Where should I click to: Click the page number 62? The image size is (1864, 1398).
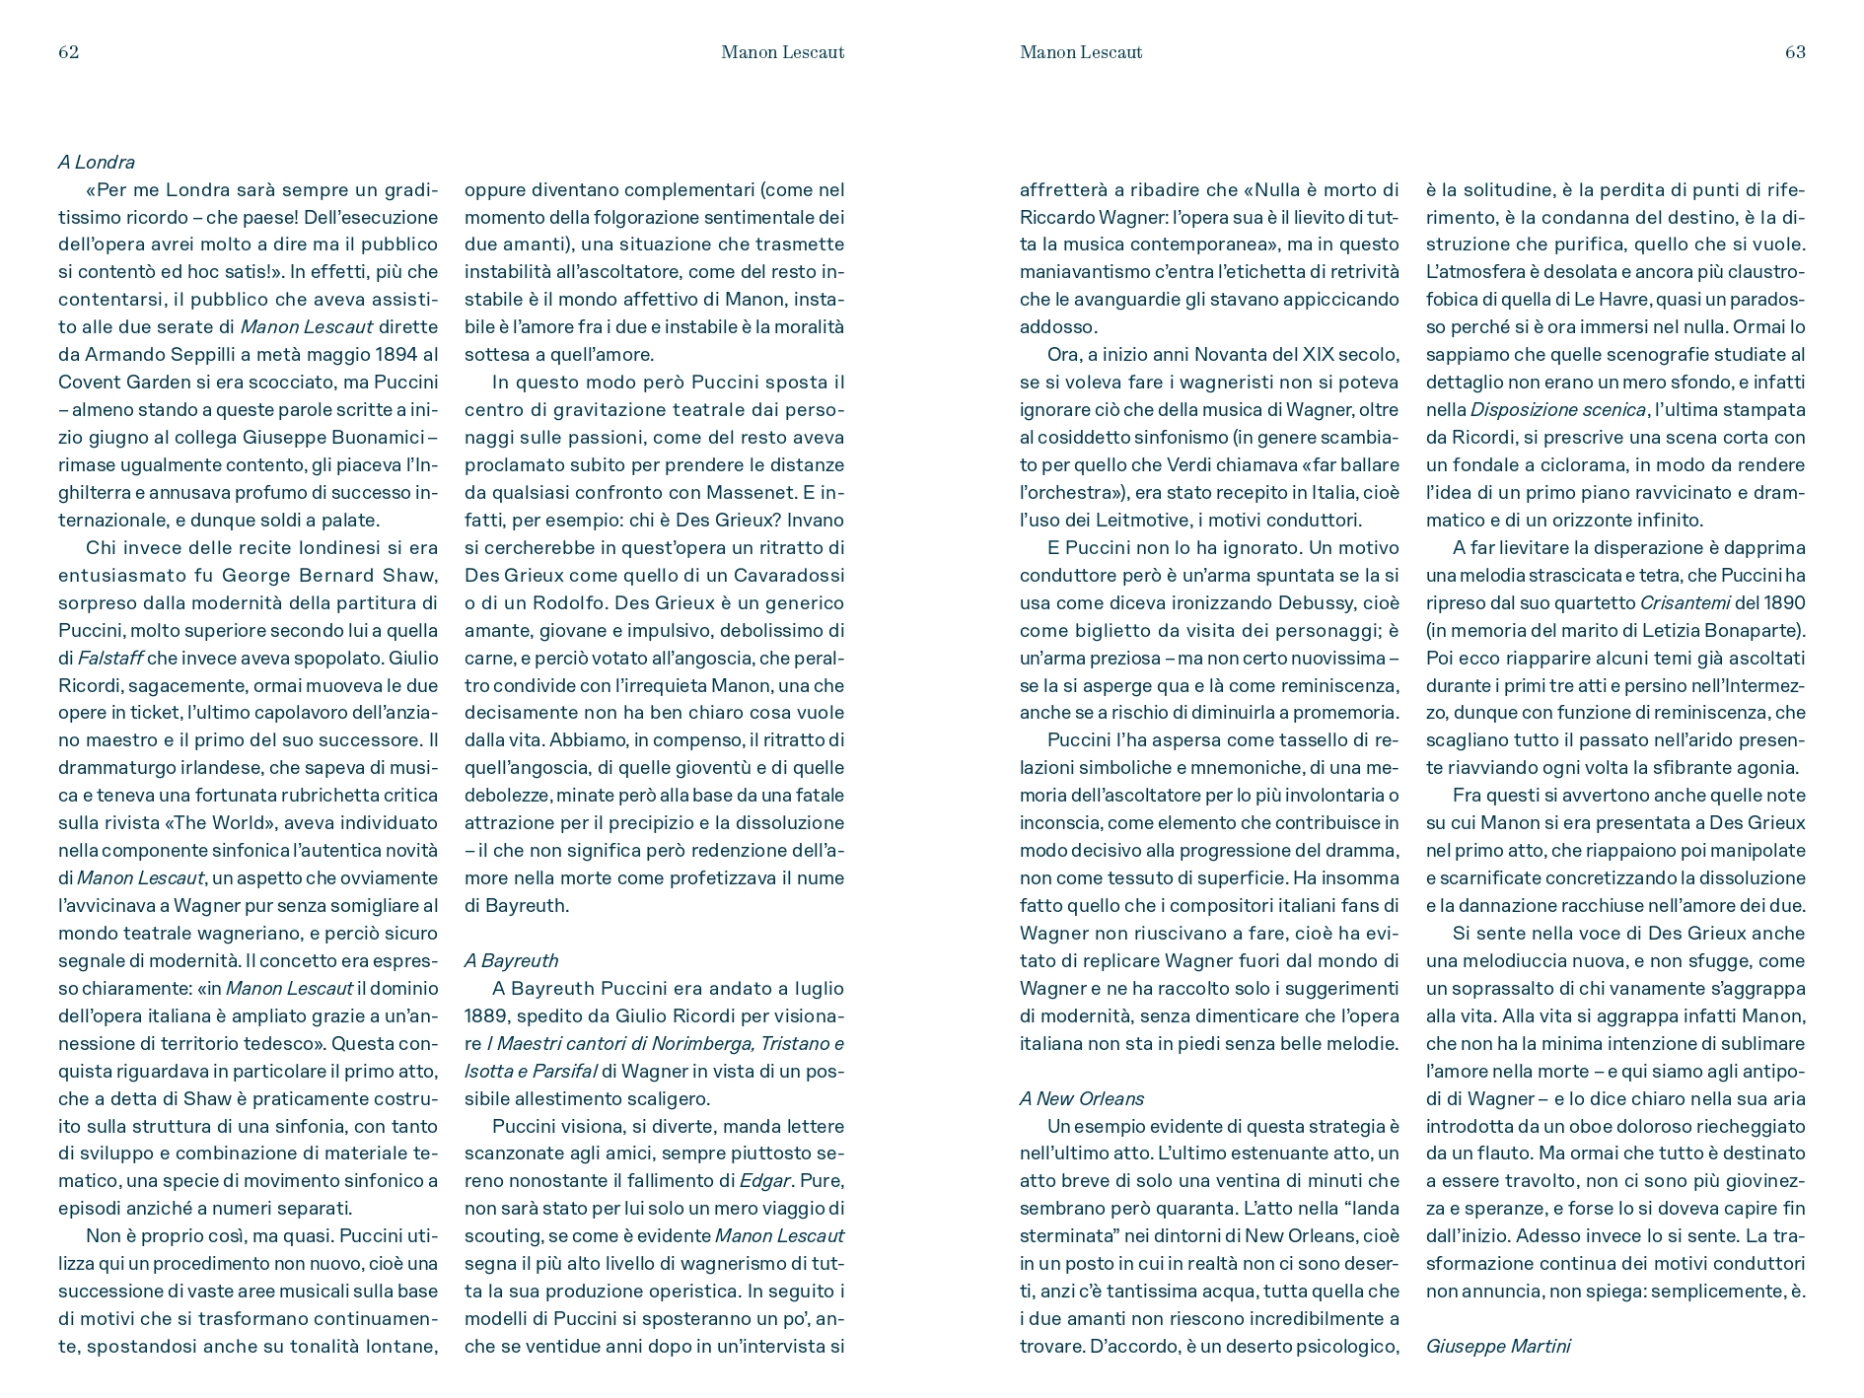[x=68, y=52]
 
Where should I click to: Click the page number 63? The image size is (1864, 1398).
[x=1795, y=52]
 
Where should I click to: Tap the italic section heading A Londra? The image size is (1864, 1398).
[x=97, y=163]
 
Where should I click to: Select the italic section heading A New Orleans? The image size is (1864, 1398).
[x=1082, y=1098]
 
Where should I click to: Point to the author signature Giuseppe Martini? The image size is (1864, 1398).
[x=1497, y=1346]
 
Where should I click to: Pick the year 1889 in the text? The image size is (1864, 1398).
[x=489, y=1015]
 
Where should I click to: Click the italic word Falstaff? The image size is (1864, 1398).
[x=111, y=658]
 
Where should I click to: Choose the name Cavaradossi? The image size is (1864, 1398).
[x=789, y=575]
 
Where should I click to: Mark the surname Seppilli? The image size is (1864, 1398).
[x=223, y=355]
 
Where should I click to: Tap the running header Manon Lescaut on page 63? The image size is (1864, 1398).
[x=1081, y=52]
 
